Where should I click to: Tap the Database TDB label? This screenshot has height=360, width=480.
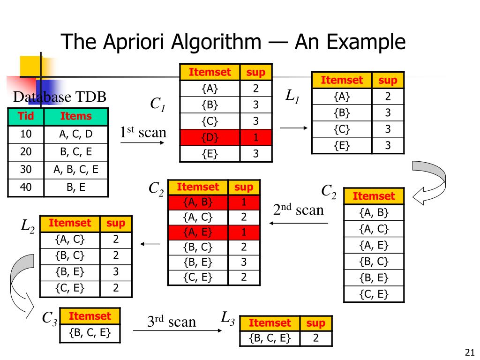click(60, 97)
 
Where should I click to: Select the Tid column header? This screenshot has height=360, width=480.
click(26, 116)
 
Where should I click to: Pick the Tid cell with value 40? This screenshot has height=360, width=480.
click(26, 188)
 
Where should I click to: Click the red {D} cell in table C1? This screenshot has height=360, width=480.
click(210, 137)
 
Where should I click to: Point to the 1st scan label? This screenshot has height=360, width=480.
click(143, 132)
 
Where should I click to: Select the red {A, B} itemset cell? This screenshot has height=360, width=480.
click(198, 202)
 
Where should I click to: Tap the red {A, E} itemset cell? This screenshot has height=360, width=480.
click(198, 232)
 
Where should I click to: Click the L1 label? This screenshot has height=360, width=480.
click(292, 97)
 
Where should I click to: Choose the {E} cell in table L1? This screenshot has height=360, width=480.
click(342, 145)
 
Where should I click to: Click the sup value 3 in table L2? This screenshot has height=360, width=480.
click(116, 271)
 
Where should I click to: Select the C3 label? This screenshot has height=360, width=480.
click(50, 318)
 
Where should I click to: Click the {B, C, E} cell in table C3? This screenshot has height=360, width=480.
click(90, 333)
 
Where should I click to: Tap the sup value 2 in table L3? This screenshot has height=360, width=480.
click(315, 338)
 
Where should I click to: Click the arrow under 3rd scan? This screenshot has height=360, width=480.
click(176, 331)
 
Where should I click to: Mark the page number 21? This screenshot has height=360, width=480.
click(469, 352)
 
